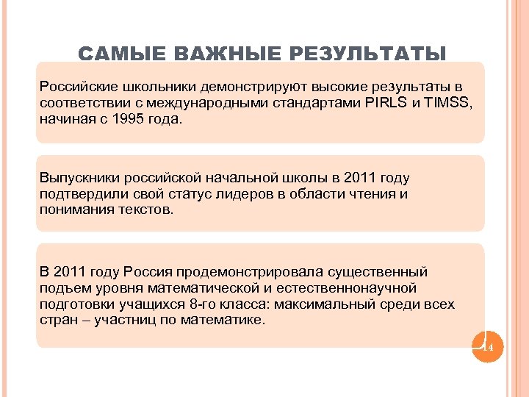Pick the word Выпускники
click(x=77, y=178)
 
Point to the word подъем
click(x=65, y=288)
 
